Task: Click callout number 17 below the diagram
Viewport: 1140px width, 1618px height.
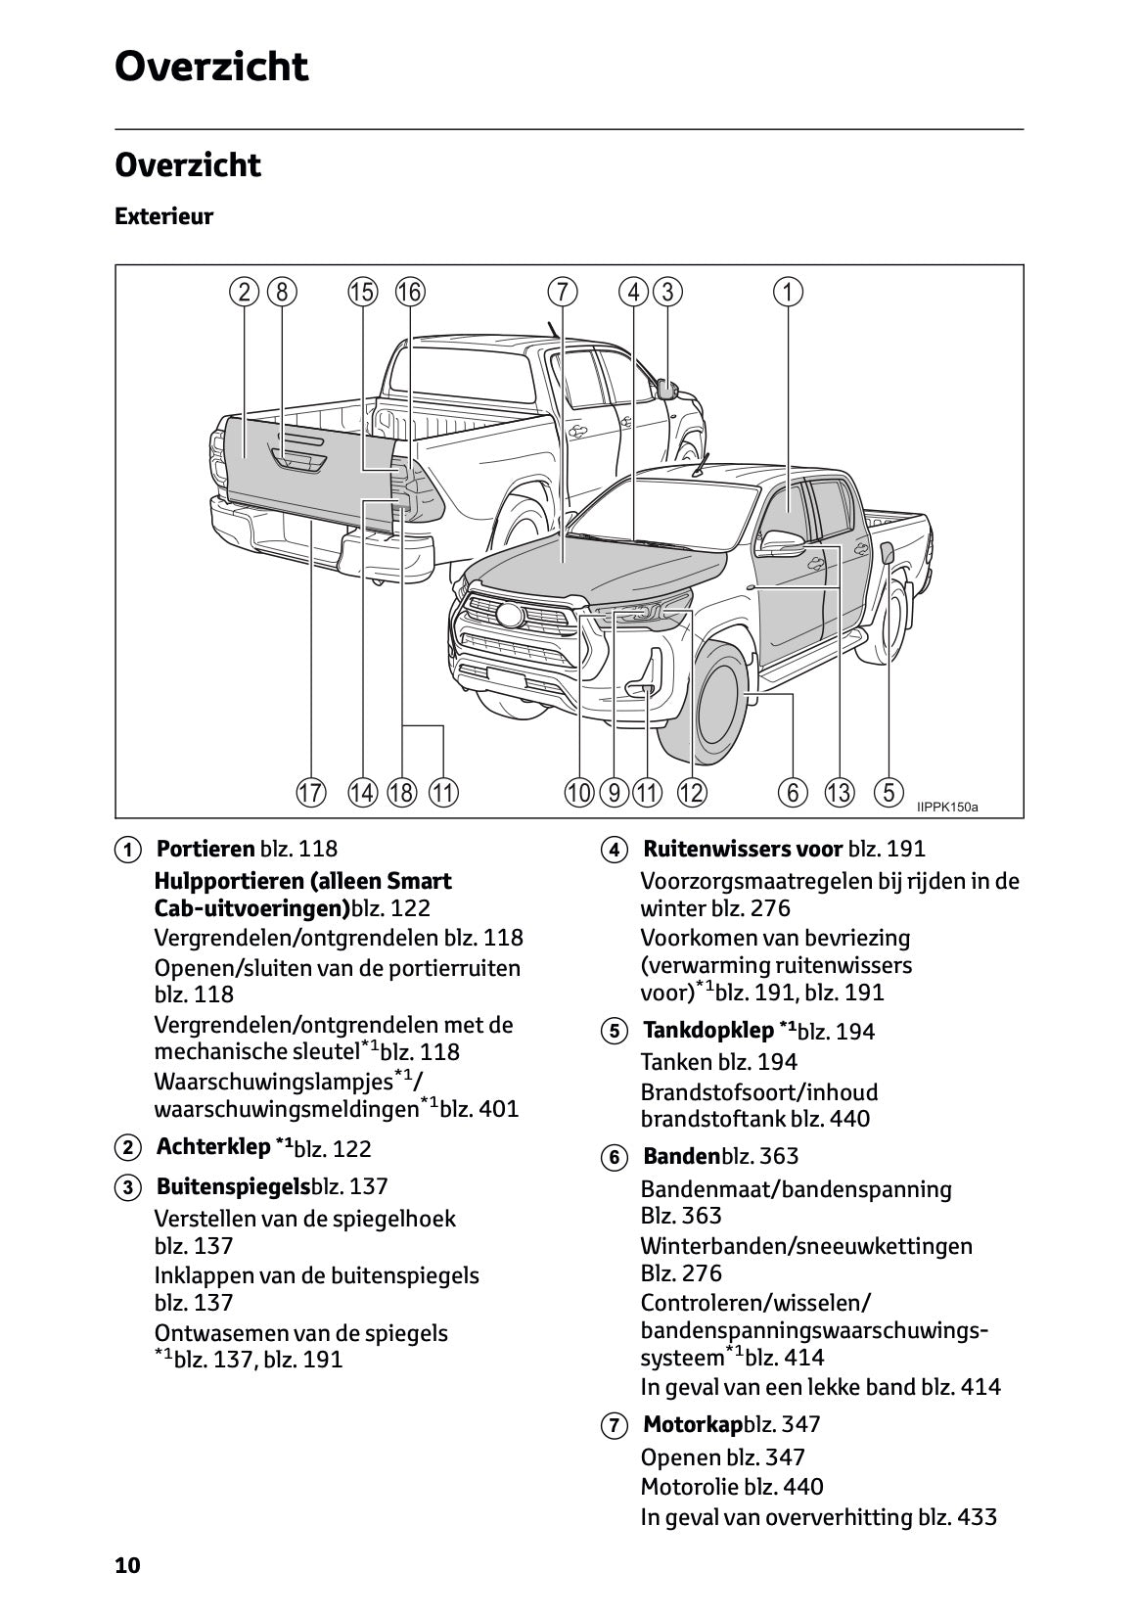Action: (311, 793)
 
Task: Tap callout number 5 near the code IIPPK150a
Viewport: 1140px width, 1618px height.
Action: (889, 792)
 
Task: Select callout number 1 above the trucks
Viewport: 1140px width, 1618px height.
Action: (788, 292)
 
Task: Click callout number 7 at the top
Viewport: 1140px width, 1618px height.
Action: (562, 292)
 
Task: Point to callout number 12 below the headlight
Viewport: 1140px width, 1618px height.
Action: (692, 793)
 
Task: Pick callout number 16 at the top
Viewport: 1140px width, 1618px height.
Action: (409, 292)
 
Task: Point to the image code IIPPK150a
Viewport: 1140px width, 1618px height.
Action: (946, 808)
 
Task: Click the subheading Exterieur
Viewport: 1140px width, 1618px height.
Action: (163, 216)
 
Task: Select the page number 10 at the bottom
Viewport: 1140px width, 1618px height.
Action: (127, 1565)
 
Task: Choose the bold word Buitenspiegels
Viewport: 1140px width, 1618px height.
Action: (233, 1186)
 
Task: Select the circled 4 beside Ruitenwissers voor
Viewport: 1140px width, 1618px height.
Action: (614, 850)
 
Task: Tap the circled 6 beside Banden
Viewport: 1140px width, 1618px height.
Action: (614, 1158)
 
